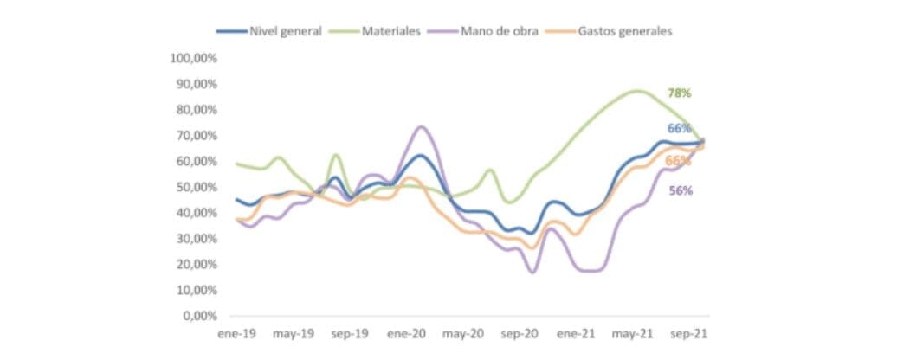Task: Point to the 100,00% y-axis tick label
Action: [193, 58]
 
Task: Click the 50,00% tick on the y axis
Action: [196, 187]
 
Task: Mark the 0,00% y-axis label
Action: [198, 316]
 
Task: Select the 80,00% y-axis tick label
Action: [196, 110]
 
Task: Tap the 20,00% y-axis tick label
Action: [196, 264]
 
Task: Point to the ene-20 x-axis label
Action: [405, 333]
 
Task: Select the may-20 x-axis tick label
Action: [462, 333]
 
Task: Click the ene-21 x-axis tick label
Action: [576, 333]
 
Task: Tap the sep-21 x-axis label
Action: [689, 333]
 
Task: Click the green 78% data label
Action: [679, 93]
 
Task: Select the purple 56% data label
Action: [680, 190]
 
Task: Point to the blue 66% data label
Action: [679, 128]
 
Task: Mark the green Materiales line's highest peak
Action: [636, 91]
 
